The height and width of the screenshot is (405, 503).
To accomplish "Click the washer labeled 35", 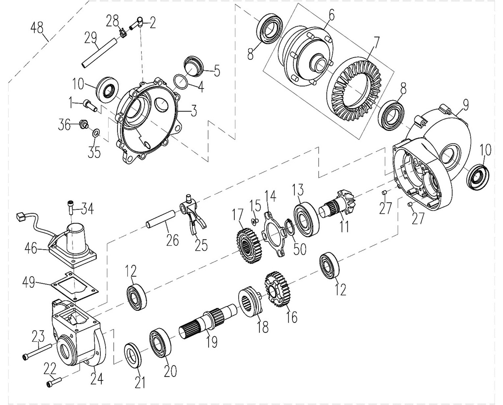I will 96,133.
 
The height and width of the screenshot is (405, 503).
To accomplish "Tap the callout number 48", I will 37,28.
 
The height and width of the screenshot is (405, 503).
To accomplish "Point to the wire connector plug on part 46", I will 20,217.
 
